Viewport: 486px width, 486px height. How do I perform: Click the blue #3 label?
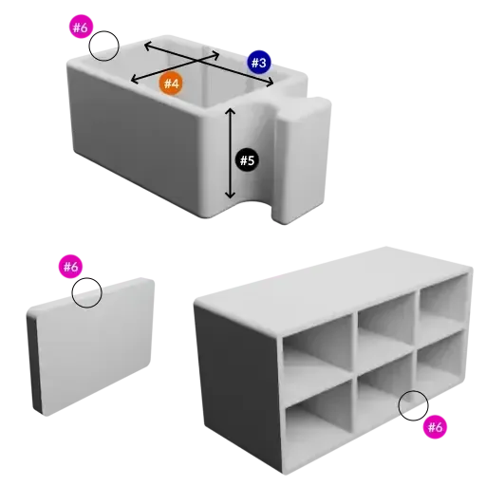259,62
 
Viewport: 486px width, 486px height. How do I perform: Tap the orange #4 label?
171,84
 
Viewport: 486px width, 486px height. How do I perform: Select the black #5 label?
247,159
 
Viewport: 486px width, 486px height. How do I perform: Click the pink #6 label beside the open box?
81,28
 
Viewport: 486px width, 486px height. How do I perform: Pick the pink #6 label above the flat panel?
71,267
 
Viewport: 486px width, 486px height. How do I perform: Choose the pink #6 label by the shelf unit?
434,426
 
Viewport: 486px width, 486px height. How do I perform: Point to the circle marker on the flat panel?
87,293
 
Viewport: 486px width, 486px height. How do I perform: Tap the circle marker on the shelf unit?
413,404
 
